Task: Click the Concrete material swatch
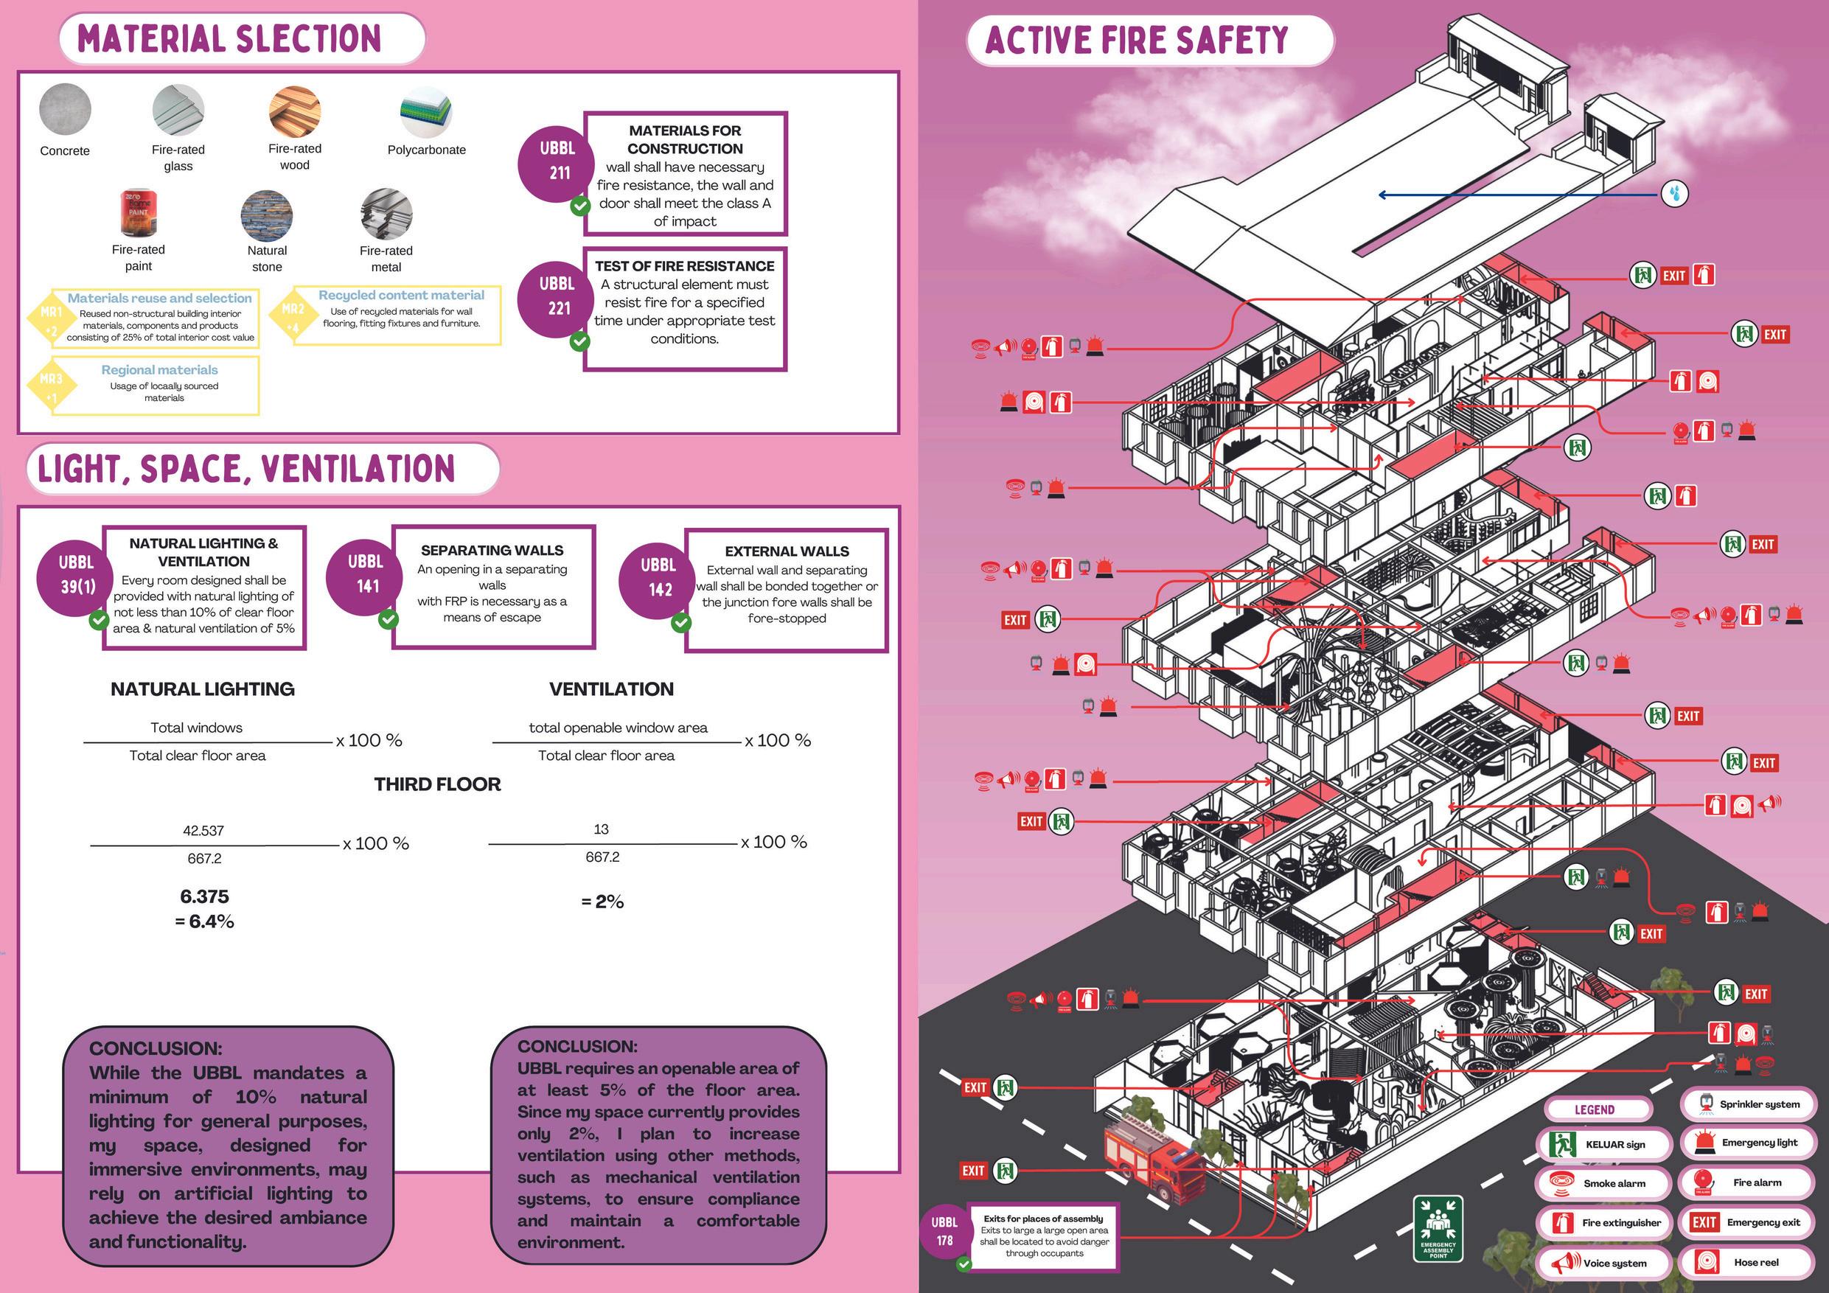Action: click(x=65, y=110)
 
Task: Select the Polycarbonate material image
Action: click(x=426, y=112)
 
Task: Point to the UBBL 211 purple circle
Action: click(x=557, y=161)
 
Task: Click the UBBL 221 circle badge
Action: click(x=557, y=296)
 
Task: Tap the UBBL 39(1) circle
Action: click(x=77, y=575)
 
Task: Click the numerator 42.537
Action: click(x=203, y=831)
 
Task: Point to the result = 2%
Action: click(x=602, y=902)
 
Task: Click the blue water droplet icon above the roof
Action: click(x=1674, y=193)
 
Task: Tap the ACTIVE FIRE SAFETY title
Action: click(x=1137, y=41)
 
